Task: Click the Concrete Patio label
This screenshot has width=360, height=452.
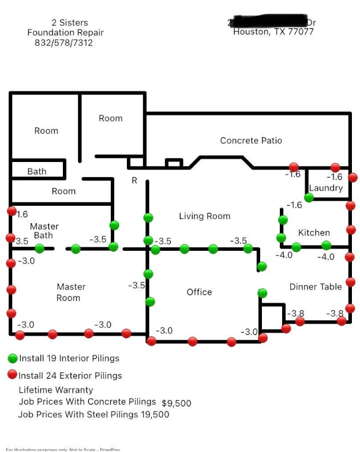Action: (x=251, y=141)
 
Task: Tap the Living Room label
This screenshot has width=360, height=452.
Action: (x=204, y=216)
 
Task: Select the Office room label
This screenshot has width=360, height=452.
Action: (x=199, y=292)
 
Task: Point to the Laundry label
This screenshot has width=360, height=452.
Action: (x=325, y=188)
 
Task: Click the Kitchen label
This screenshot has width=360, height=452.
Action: (x=314, y=233)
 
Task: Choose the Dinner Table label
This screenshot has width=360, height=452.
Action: (x=316, y=287)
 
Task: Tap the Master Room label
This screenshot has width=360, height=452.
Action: (x=70, y=292)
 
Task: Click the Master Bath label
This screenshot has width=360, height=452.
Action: (x=44, y=231)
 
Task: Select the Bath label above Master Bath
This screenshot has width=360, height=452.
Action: (x=37, y=171)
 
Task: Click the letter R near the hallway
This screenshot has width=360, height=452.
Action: (x=134, y=180)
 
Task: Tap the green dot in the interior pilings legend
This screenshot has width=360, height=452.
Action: (x=13, y=358)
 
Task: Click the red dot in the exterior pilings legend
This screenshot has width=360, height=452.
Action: (x=13, y=375)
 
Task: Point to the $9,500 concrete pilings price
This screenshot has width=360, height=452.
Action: (x=176, y=404)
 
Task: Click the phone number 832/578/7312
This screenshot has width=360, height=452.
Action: (x=63, y=43)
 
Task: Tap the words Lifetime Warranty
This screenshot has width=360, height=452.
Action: (x=56, y=390)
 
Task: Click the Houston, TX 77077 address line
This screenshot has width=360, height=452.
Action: (x=273, y=32)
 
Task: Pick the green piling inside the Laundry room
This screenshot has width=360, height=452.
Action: (x=309, y=198)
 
